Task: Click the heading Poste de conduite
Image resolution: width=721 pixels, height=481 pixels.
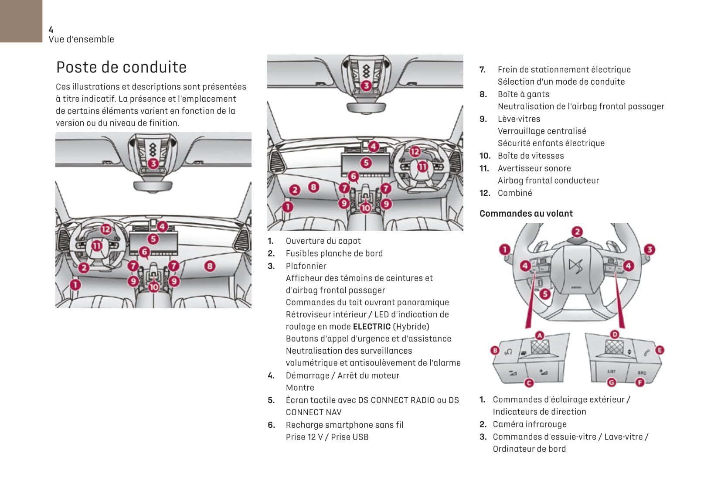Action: pos(121,67)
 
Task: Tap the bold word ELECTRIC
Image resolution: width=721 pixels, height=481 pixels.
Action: pos(371,327)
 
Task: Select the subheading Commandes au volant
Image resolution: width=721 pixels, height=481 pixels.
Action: pos(526,214)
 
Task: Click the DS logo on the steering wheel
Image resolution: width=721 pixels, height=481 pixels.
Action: pos(576,266)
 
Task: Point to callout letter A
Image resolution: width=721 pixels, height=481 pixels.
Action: pos(540,335)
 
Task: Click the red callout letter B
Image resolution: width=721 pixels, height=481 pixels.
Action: pos(495,350)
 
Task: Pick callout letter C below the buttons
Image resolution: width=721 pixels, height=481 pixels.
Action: pos(529,383)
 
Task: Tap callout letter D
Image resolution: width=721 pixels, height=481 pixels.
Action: pos(614,334)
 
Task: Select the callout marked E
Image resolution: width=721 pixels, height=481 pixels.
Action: pos(660,350)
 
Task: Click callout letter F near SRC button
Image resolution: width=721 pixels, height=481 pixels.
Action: pos(639,382)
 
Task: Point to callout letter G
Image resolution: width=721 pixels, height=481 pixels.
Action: pos(612,382)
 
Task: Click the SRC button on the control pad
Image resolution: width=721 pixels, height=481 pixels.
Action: pos(642,373)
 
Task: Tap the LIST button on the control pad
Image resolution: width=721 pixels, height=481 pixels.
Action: pos(612,372)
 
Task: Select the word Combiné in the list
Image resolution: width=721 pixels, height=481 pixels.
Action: pos(515,193)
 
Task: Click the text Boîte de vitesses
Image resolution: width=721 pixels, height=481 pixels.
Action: pos(531,156)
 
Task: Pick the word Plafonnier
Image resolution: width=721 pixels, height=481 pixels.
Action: pos(306,266)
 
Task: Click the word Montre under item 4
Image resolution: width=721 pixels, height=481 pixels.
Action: pos(300,388)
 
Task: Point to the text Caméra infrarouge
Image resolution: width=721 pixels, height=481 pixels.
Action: pos(530,424)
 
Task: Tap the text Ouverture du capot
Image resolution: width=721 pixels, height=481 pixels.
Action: pos(323,241)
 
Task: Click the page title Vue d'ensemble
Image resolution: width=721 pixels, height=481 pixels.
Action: pos(82,39)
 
